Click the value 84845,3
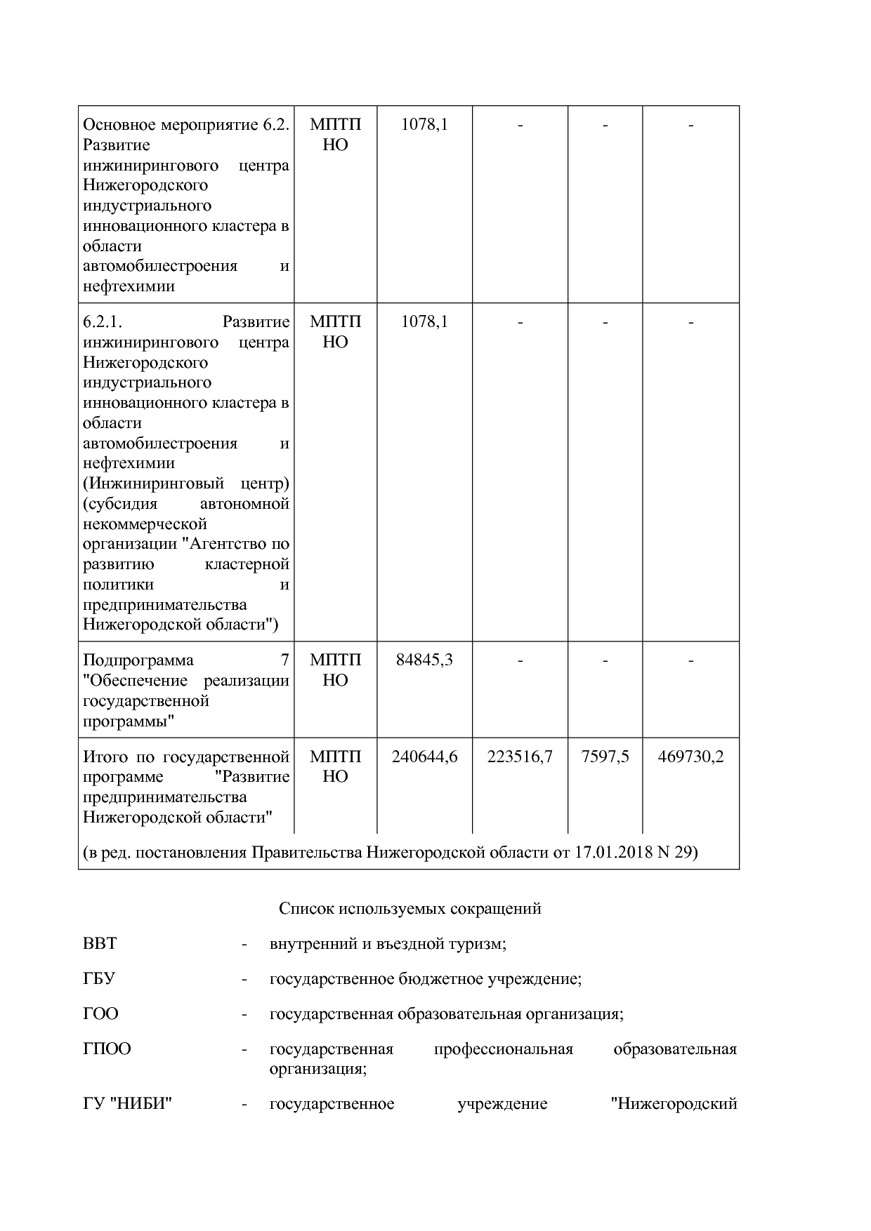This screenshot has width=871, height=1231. point(424,660)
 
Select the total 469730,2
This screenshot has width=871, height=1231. point(690,757)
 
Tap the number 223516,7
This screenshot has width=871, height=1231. point(520,757)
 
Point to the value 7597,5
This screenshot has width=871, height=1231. point(605,757)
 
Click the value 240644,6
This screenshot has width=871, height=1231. point(424,757)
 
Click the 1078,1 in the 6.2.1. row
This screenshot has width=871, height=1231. point(424,322)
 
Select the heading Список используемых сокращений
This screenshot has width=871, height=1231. point(410,909)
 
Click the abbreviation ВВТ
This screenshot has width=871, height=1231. point(100,944)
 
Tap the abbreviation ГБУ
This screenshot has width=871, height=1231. point(99,979)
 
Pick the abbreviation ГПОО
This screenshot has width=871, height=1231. point(107,1049)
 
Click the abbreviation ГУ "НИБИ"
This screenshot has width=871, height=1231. point(128,1104)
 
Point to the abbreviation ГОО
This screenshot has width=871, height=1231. point(100,1014)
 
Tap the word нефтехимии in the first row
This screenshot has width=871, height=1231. point(129,286)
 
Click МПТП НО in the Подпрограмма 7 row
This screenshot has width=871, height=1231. point(335,670)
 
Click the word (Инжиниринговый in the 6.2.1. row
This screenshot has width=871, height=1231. point(153,484)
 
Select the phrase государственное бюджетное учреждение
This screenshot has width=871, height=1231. point(425,979)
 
